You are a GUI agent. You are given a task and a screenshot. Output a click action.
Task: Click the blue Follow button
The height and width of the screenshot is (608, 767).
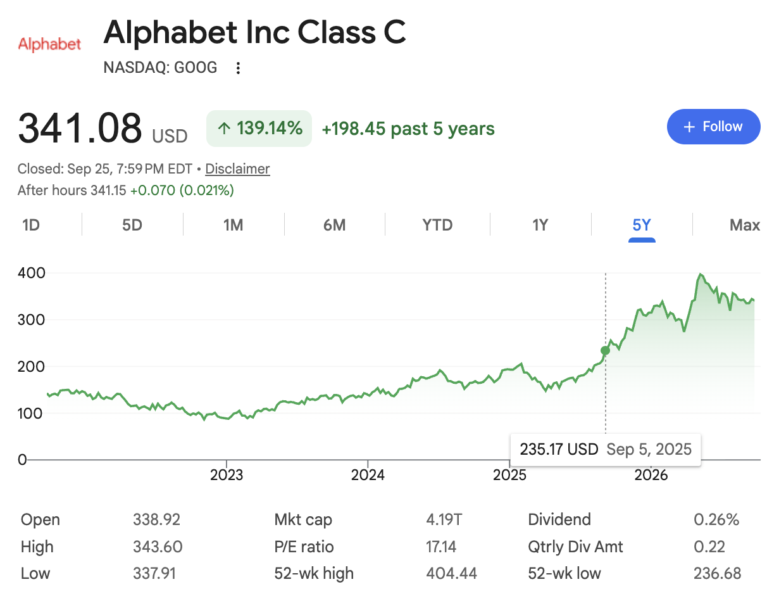click(x=713, y=127)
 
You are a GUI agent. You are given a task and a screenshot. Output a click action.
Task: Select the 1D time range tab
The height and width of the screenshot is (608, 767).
click(x=31, y=225)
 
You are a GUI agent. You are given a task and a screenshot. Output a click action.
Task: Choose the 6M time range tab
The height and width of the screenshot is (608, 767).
click(x=334, y=225)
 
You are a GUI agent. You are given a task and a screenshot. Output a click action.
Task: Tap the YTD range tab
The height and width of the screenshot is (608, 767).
click(x=437, y=225)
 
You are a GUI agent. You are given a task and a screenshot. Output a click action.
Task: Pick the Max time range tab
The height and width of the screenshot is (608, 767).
click(x=745, y=225)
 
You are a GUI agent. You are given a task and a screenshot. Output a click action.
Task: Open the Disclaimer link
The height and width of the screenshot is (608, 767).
click(x=237, y=168)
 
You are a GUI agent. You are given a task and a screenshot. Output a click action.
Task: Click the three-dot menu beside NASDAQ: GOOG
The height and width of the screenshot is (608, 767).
click(x=238, y=68)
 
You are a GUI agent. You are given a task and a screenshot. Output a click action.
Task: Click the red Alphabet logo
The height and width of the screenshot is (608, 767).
click(x=49, y=44)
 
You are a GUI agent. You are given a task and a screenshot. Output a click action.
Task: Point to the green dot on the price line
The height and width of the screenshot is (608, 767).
click(x=605, y=351)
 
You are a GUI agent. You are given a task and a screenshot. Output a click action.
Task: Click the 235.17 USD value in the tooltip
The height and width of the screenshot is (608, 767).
click(x=559, y=449)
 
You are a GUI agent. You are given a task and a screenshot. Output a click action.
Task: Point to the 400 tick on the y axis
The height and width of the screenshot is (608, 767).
click(x=32, y=274)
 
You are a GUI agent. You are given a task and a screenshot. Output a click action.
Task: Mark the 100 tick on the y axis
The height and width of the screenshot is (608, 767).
click(x=30, y=414)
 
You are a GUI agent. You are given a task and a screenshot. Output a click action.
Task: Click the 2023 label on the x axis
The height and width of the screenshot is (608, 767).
click(x=227, y=475)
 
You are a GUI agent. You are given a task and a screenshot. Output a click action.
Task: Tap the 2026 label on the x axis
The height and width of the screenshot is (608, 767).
click(x=651, y=475)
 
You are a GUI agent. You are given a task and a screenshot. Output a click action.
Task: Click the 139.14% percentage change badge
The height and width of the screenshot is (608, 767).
click(x=259, y=129)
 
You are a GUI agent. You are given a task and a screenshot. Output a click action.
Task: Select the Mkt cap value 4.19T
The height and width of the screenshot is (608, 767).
click(x=444, y=519)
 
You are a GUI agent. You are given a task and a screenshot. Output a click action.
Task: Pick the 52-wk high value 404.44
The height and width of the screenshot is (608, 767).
click(x=451, y=573)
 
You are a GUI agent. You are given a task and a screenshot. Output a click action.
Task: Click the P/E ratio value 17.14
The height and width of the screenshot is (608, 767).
click(x=441, y=547)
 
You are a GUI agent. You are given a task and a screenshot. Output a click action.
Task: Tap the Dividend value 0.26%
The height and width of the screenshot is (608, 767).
click(x=716, y=519)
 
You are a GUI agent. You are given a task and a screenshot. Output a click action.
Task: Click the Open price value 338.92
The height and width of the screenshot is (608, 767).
click(x=156, y=519)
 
